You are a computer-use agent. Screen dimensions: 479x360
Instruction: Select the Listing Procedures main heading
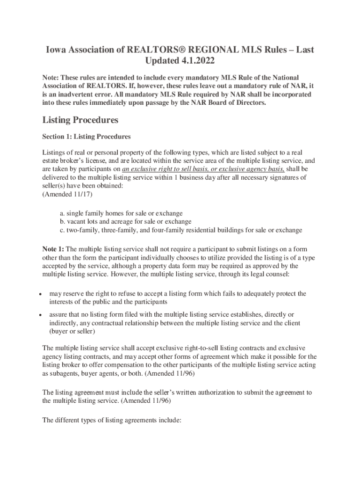click(80, 120)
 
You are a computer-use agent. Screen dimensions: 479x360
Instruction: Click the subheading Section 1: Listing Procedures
click(86, 137)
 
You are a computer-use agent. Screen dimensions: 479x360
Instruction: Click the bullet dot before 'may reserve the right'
click(41, 294)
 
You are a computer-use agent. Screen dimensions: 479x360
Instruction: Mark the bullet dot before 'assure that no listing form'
click(41, 315)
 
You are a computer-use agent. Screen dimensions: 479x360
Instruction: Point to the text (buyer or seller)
click(72, 331)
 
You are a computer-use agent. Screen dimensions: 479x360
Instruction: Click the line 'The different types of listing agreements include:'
click(111, 421)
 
